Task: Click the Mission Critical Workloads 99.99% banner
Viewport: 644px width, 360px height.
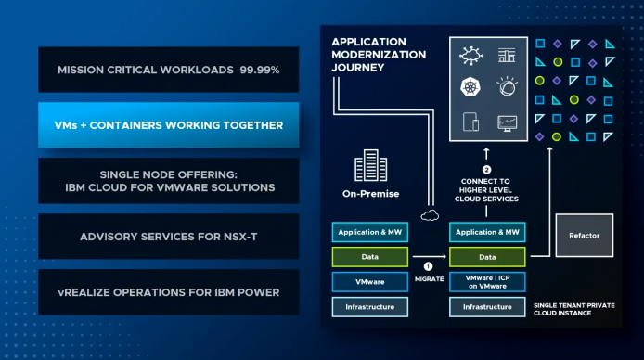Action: (x=168, y=70)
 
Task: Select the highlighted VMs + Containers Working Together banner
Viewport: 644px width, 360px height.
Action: (x=168, y=124)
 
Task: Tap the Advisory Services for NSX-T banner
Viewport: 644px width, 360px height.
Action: (x=168, y=237)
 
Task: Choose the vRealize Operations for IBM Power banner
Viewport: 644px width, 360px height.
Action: (x=168, y=292)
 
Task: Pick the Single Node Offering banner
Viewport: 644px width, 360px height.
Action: (x=168, y=181)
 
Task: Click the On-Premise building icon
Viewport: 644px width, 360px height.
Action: (x=370, y=165)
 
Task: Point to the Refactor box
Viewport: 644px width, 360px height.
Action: (x=584, y=236)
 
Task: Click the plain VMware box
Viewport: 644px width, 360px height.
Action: (x=369, y=282)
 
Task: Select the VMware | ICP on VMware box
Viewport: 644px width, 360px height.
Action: (x=487, y=282)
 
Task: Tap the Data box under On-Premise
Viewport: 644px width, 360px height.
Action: (x=369, y=257)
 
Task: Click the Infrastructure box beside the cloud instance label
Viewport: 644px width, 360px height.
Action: (x=487, y=307)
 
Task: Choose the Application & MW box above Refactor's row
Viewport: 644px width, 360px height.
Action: (x=487, y=232)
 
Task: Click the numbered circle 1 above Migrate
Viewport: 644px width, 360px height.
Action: (x=428, y=266)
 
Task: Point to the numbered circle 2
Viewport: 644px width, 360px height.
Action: (x=486, y=170)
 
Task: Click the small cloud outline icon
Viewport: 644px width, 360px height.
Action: (x=430, y=215)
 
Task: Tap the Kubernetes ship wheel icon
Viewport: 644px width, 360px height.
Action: (x=470, y=87)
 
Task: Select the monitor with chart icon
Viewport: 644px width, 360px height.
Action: (x=508, y=123)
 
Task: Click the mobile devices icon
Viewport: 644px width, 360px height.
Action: (x=470, y=122)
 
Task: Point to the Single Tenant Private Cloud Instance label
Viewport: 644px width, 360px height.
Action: (x=573, y=309)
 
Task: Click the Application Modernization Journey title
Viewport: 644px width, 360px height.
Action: (x=379, y=55)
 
